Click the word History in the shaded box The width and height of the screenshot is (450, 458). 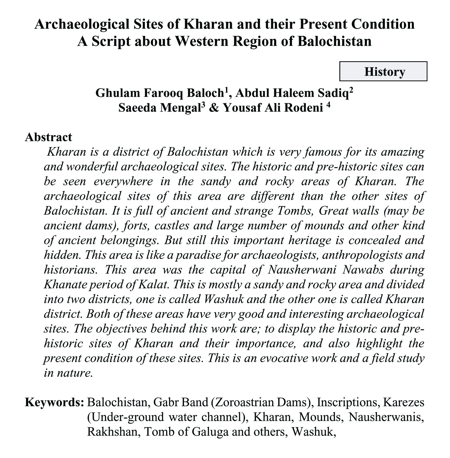pyautogui.click(x=384, y=72)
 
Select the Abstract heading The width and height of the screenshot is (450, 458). pyautogui.click(x=48, y=137)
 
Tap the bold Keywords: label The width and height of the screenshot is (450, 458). pyautogui.click(x=54, y=402)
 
